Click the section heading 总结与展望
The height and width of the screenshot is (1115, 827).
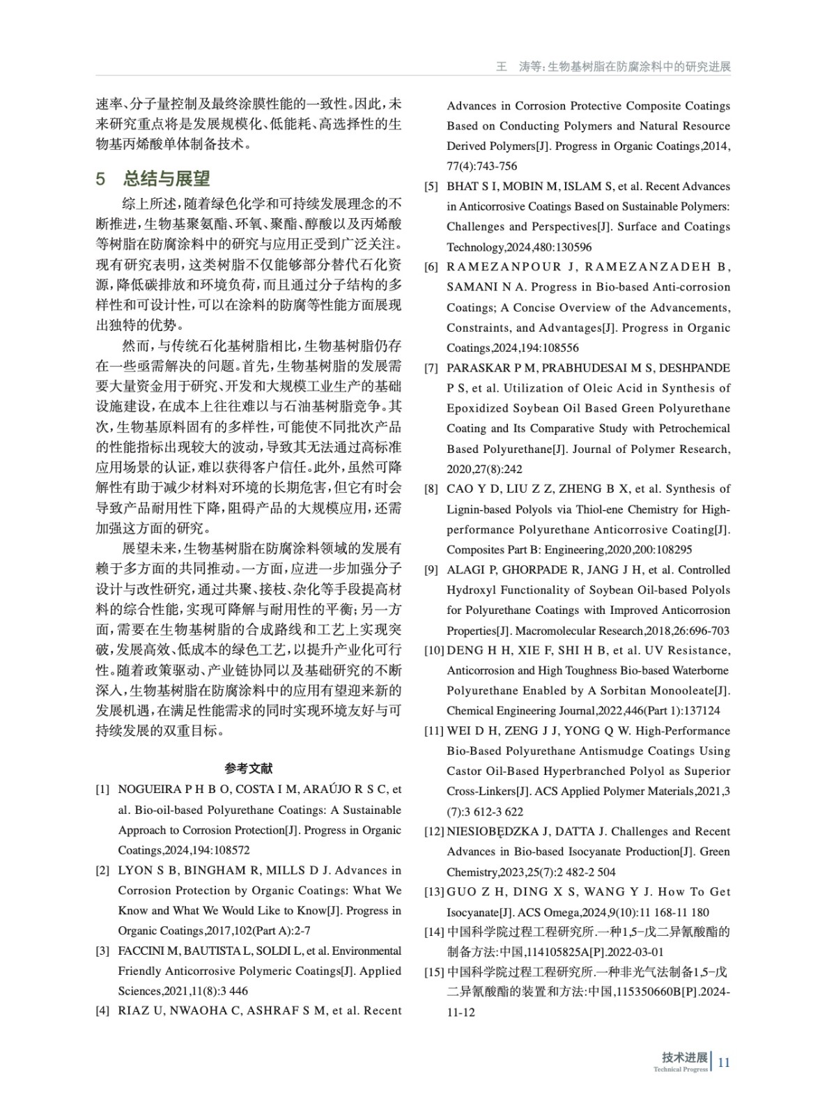click(167, 178)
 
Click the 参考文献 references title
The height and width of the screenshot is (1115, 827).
click(249, 768)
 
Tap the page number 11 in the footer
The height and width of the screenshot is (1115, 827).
click(724, 1062)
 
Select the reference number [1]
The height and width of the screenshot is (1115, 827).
click(103, 790)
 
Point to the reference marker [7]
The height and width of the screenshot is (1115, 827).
click(432, 368)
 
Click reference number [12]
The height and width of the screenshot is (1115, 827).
click(435, 831)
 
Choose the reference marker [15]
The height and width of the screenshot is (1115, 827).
click(435, 972)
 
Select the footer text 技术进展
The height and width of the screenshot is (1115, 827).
click(685, 1056)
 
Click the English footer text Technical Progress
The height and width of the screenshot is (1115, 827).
click(681, 1069)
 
